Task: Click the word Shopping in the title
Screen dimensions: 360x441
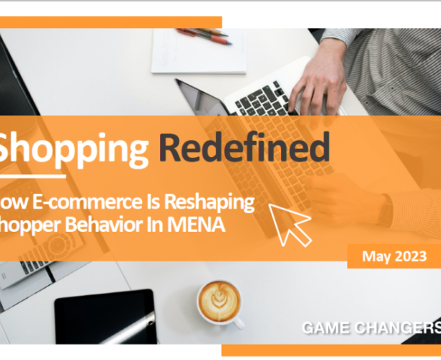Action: click(72, 149)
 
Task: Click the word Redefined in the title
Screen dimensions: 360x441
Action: click(244, 148)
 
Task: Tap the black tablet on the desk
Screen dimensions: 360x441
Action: click(105, 317)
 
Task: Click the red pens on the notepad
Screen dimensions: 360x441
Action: click(205, 36)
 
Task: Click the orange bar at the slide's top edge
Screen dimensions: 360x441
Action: click(108, 22)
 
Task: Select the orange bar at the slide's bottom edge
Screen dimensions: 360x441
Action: click(331, 351)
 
